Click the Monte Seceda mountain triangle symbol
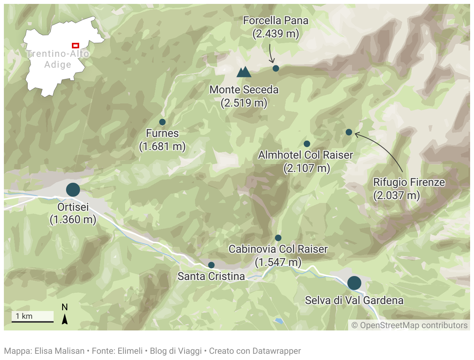pyautogui.click(x=244, y=72)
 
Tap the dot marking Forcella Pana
pyautogui.click(x=276, y=68)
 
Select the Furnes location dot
pyautogui.click(x=162, y=122)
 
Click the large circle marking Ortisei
pyautogui.click(x=73, y=190)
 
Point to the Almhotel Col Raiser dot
pyautogui.click(x=307, y=144)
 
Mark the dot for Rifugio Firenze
pyautogui.click(x=349, y=132)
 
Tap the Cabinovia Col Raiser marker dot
pyautogui.click(x=278, y=238)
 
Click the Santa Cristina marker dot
pyautogui.click(x=211, y=265)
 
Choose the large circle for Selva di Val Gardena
pyautogui.click(x=354, y=283)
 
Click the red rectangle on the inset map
pyautogui.click(x=75, y=45)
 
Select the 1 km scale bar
pyautogui.click(x=33, y=322)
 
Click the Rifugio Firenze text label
pyautogui.click(x=409, y=182)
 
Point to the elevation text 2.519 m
pyautogui.click(x=244, y=103)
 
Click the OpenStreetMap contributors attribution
pyautogui.click(x=410, y=325)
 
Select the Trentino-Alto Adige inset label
pyautogui.click(x=58, y=59)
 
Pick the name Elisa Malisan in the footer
pyautogui.click(x=59, y=351)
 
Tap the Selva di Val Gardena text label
pyautogui.click(x=354, y=301)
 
